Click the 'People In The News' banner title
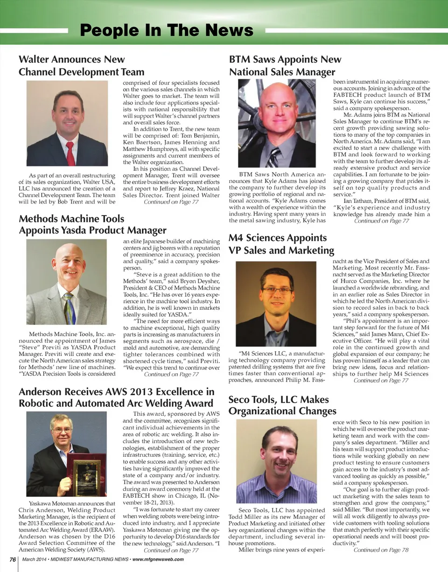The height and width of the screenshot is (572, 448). tap(167, 31)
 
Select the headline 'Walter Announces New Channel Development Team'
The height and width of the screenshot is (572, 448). tap(81, 66)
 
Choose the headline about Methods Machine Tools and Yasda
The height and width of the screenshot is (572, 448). tap(92, 224)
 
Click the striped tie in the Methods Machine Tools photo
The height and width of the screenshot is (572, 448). tap(69, 308)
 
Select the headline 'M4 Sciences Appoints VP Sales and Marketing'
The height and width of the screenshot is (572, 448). tap(281, 244)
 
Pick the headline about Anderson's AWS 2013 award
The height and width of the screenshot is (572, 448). tap(116, 397)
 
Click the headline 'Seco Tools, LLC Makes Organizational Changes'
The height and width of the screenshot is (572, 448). tap(282, 405)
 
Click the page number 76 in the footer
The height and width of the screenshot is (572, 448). tap(9, 559)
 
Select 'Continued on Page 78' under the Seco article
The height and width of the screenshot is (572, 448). tap(381, 550)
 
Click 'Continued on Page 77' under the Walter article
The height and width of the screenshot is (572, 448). tap(171, 202)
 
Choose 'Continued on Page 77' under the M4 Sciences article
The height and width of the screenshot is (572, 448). tap(381, 381)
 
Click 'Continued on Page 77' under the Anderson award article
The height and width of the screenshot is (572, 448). tap(171, 551)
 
